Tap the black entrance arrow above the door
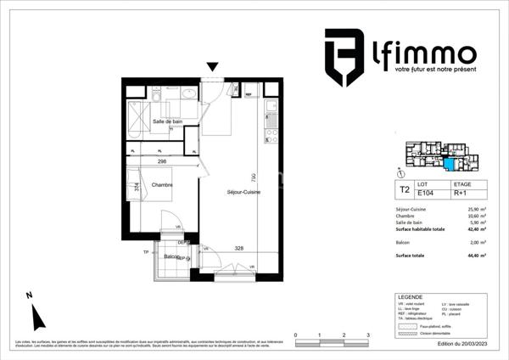point(213,66)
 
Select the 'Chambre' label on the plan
point(162,184)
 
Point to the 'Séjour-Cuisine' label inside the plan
point(238,193)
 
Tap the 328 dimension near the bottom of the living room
point(239,248)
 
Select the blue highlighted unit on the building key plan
point(449,161)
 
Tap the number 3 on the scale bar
point(367,336)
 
